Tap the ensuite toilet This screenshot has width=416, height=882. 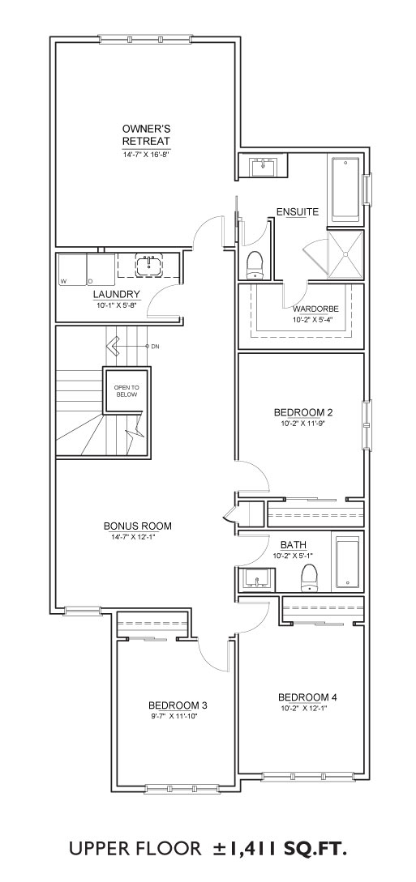[x=255, y=266]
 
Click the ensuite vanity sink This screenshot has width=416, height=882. [x=263, y=167]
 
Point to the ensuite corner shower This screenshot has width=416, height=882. [x=346, y=254]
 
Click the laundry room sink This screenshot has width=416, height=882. [x=148, y=265]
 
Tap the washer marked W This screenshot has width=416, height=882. [x=71, y=270]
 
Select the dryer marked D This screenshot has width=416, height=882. [x=101, y=270]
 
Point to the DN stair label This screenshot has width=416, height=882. [x=156, y=347]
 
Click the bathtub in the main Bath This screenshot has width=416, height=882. [x=349, y=561]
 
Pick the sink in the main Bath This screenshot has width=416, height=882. [x=257, y=577]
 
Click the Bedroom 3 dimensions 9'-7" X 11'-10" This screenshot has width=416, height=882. [x=174, y=716]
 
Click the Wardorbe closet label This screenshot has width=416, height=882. [x=312, y=309]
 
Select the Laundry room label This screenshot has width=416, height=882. [x=117, y=294]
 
